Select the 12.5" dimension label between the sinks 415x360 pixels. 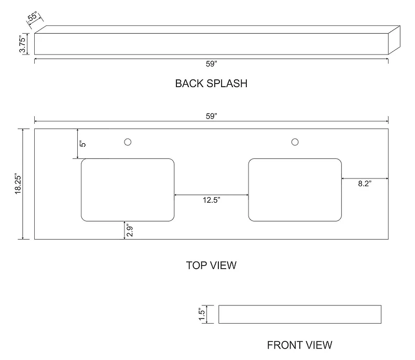(212, 200)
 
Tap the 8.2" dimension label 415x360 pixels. (365, 184)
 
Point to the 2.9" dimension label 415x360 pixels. (129, 231)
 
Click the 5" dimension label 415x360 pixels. (83, 144)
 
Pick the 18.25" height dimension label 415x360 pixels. (18, 184)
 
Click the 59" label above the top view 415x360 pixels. (212, 116)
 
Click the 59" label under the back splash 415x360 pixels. (212, 64)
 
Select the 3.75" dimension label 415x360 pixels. (22, 44)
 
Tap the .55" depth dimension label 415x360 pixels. (33, 17)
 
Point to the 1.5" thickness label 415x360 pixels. (202, 314)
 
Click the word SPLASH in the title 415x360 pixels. (227, 84)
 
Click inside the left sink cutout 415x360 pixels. (128, 190)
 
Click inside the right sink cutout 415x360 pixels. (295, 190)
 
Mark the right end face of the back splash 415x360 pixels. (394, 40)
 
